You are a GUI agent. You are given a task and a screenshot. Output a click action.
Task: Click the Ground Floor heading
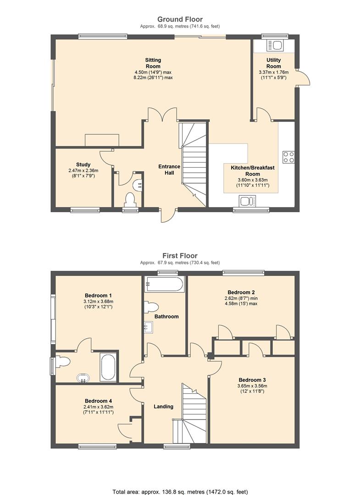(x=180, y=19)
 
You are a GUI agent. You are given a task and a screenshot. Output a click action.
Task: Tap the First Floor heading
(x=180, y=256)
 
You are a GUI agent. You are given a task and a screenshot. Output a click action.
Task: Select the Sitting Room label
(x=153, y=63)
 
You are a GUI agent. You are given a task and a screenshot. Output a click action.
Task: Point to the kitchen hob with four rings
(x=288, y=157)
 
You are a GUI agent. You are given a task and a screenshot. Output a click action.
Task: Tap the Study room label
(x=83, y=165)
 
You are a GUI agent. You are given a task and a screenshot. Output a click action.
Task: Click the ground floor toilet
(x=130, y=200)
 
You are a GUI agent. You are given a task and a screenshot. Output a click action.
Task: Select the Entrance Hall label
(x=169, y=170)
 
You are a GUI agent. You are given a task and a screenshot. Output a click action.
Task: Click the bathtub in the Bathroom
(x=164, y=284)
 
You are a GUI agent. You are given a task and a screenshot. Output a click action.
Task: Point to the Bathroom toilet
(x=151, y=307)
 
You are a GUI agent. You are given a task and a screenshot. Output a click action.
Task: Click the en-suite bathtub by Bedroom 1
(x=108, y=367)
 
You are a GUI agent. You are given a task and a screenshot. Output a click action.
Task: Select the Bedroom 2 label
(x=241, y=292)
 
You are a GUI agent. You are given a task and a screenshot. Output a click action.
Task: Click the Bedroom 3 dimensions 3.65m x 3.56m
(x=252, y=386)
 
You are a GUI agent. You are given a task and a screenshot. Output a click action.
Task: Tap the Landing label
(x=164, y=407)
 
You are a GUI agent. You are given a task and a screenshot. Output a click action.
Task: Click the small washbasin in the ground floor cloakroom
(x=138, y=184)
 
